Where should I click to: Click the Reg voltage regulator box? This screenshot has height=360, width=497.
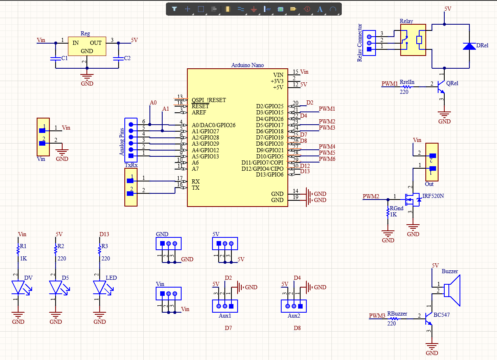(x=86, y=47)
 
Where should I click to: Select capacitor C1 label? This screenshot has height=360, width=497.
(x=65, y=58)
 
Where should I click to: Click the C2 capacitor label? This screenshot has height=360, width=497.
(x=127, y=58)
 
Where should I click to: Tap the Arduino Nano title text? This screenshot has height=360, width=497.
(x=247, y=65)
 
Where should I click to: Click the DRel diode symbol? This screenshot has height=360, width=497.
(x=469, y=46)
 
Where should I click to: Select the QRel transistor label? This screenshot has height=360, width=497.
(x=452, y=83)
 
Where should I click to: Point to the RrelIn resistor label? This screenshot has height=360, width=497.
(x=407, y=82)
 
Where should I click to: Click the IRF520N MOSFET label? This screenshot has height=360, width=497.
(x=433, y=196)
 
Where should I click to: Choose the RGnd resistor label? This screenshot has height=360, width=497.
(x=396, y=209)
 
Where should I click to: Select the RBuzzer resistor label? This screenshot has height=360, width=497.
(x=397, y=314)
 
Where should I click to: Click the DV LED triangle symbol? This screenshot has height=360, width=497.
(x=18, y=287)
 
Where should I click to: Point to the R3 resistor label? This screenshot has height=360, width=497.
(x=104, y=246)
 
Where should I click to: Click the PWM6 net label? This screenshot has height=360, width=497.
(x=327, y=159)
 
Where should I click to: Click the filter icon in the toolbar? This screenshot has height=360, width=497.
(x=174, y=9)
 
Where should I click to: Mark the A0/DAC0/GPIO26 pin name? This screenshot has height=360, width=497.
(x=213, y=125)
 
